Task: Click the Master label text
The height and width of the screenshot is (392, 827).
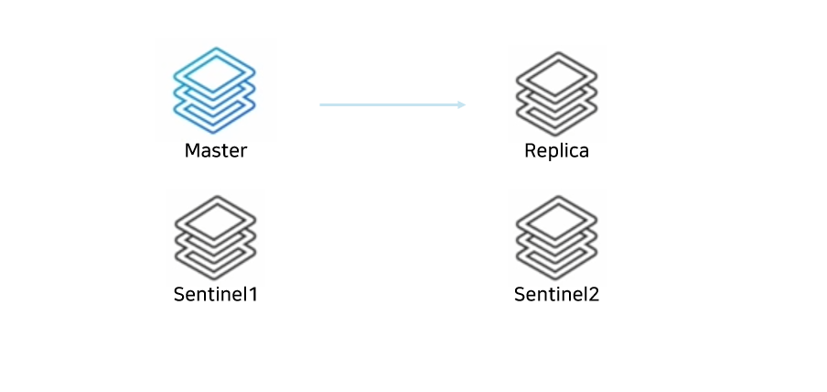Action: [x=215, y=150]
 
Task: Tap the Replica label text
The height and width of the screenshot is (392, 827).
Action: [x=556, y=150]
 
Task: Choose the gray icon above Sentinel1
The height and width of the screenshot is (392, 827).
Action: [x=215, y=236]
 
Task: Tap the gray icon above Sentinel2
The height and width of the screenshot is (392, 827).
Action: [x=556, y=236]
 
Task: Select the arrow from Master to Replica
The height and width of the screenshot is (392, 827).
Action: [x=392, y=104]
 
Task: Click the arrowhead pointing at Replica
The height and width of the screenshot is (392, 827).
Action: [x=461, y=104]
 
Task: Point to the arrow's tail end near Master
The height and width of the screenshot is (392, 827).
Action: [x=322, y=104]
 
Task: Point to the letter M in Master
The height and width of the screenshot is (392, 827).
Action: [x=192, y=150]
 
